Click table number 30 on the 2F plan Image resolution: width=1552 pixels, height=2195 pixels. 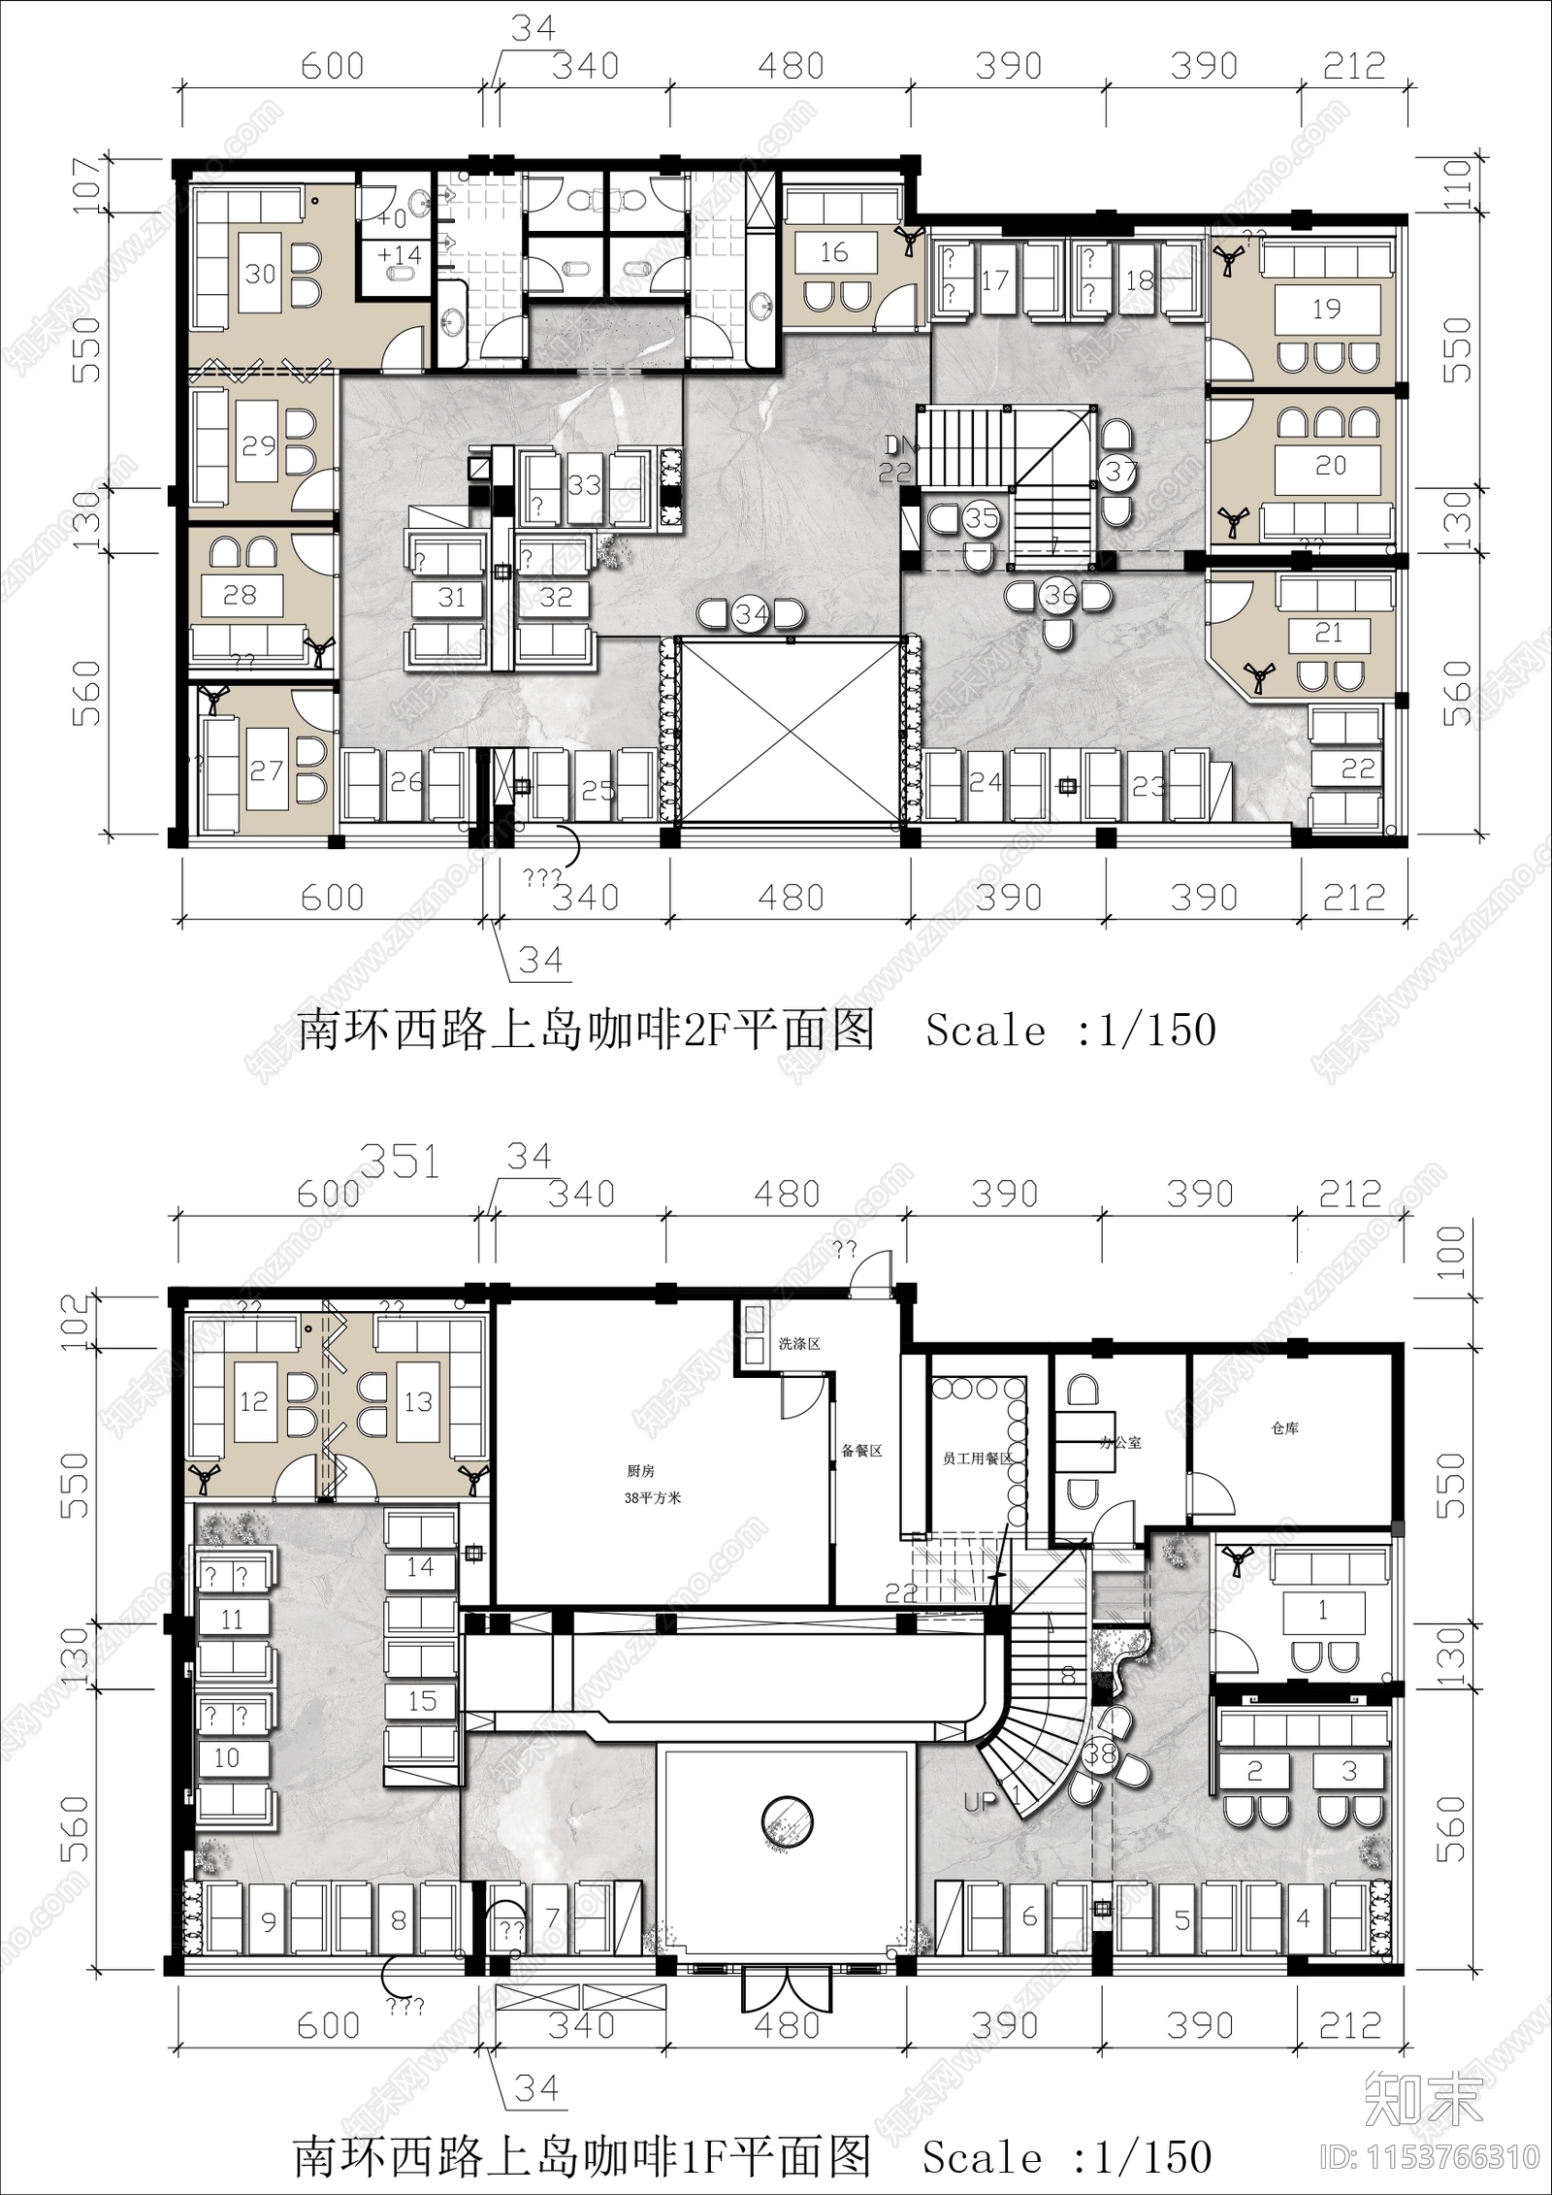(260, 274)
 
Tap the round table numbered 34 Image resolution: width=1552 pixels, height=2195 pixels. (752, 614)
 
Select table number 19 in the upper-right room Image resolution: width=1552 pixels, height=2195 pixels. (1326, 310)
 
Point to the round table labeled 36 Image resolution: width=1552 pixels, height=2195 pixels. (1059, 594)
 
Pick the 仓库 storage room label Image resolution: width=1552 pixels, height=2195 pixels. (1284, 1428)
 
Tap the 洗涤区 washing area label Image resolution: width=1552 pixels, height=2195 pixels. (799, 1344)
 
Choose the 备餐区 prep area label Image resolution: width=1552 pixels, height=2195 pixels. (861, 1452)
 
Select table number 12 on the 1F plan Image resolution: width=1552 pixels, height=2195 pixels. (253, 1401)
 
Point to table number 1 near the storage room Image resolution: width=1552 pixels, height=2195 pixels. (1322, 1611)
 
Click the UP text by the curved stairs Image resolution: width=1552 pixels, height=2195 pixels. (980, 1802)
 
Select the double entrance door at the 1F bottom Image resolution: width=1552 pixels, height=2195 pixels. (788, 1980)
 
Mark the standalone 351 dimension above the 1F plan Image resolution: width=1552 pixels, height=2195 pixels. (400, 1162)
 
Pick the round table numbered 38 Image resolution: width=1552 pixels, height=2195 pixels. (1100, 1753)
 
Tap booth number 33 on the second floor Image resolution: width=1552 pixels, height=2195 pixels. (584, 484)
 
